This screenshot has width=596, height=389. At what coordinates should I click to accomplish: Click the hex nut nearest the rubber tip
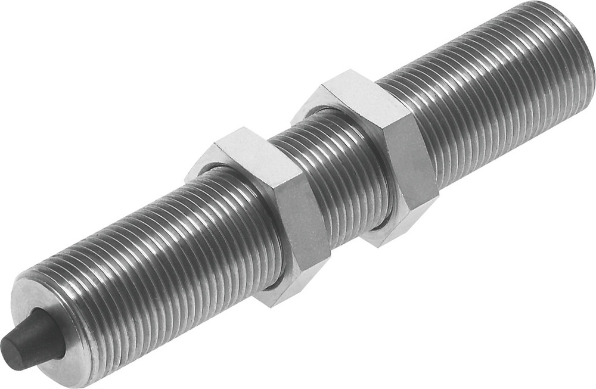pyautogui.click(x=262, y=214)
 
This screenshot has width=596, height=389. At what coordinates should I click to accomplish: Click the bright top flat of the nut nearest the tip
pyautogui.click(x=250, y=158)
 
